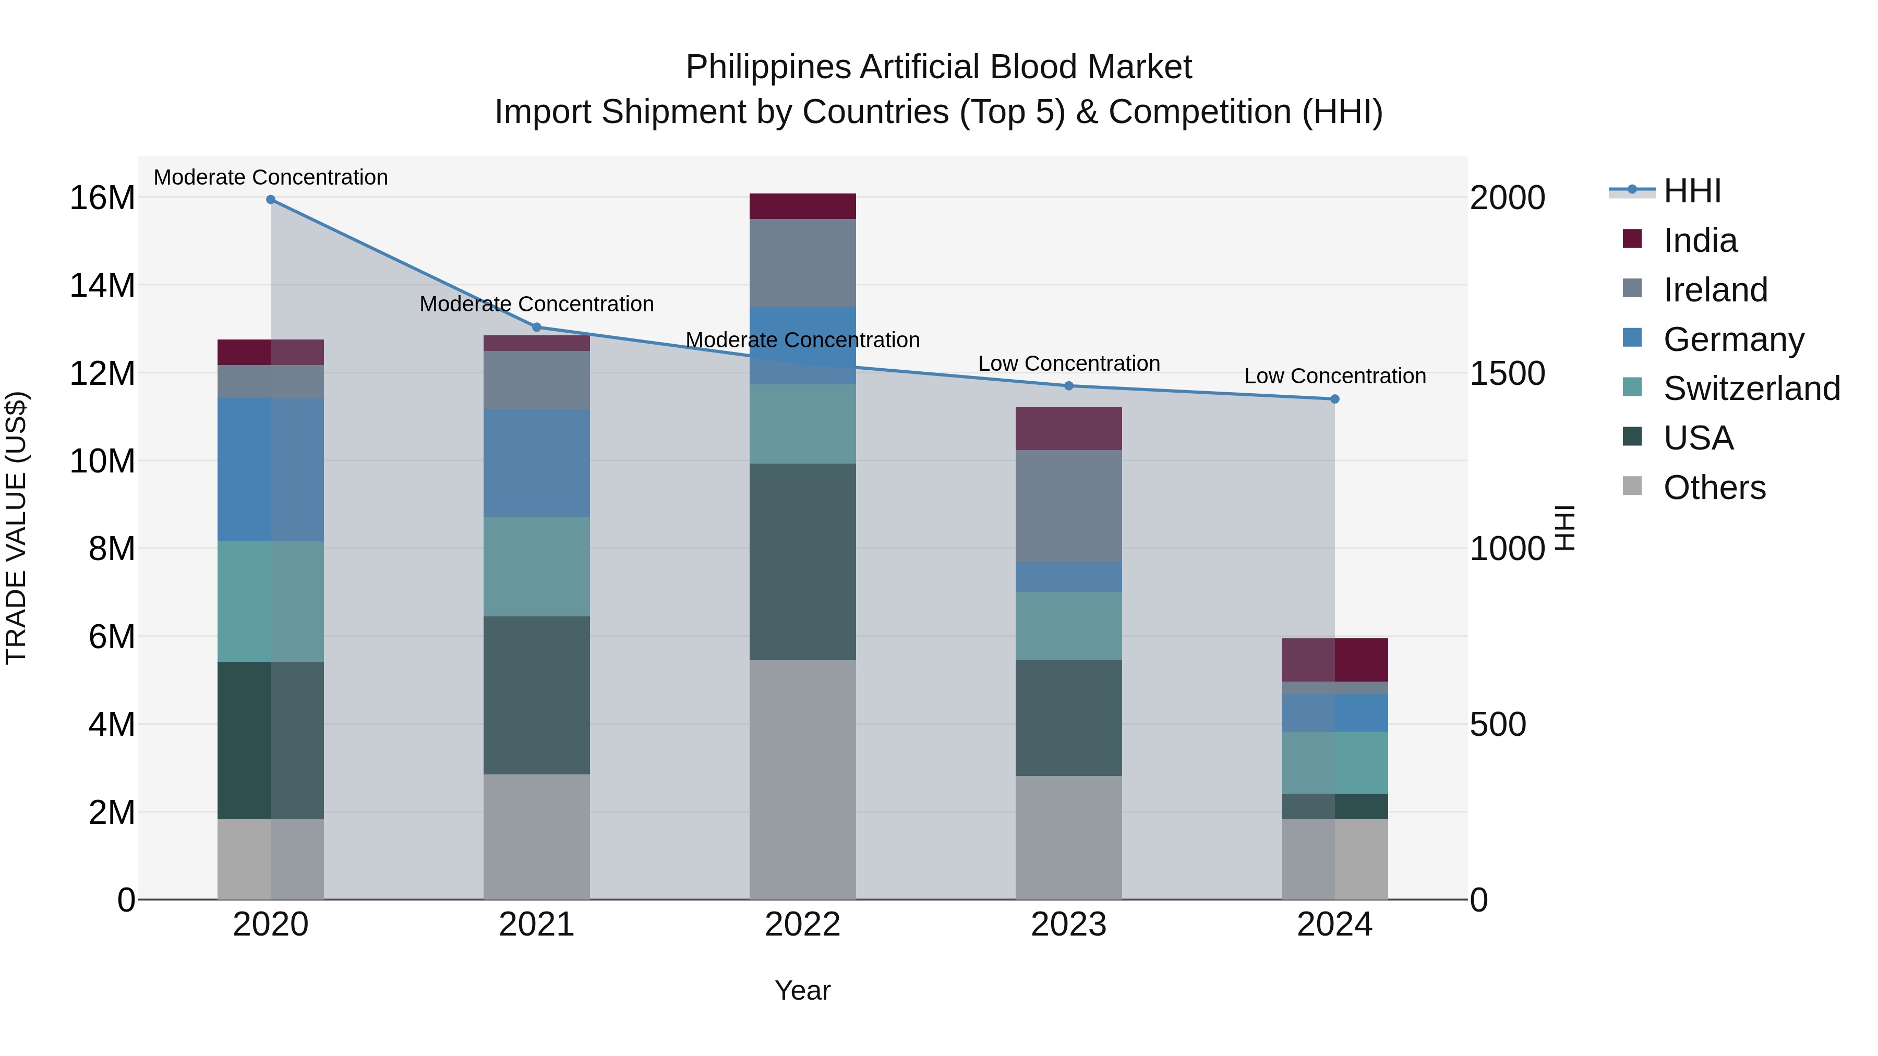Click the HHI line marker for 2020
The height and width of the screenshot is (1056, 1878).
pyautogui.click(x=270, y=200)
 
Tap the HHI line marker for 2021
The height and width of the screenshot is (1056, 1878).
pyautogui.click(x=537, y=327)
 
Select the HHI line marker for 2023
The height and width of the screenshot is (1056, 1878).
pyautogui.click(x=1069, y=385)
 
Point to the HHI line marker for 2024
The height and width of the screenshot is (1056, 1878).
pyautogui.click(x=1335, y=398)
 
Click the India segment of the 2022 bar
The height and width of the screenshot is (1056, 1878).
pyautogui.click(x=803, y=206)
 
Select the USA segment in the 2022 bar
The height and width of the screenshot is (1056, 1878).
pyautogui.click(x=803, y=561)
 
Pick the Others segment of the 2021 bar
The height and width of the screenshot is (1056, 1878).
pyautogui.click(x=537, y=836)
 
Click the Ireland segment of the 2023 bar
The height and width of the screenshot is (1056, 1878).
pyautogui.click(x=1069, y=506)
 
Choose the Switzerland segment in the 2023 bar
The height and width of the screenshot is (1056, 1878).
pyautogui.click(x=1069, y=625)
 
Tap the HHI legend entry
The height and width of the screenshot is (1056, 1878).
pyautogui.click(x=1691, y=191)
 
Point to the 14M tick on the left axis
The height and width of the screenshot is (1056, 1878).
pyautogui.click(x=102, y=285)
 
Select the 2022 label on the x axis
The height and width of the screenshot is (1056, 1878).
pyautogui.click(x=803, y=925)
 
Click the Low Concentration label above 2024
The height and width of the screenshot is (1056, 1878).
pyautogui.click(x=1335, y=376)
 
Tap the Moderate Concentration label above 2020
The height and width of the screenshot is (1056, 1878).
pyautogui.click(x=270, y=177)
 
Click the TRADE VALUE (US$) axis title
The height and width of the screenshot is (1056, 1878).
pyautogui.click(x=16, y=528)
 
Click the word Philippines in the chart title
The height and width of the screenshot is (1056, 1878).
pyautogui.click(x=768, y=67)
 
